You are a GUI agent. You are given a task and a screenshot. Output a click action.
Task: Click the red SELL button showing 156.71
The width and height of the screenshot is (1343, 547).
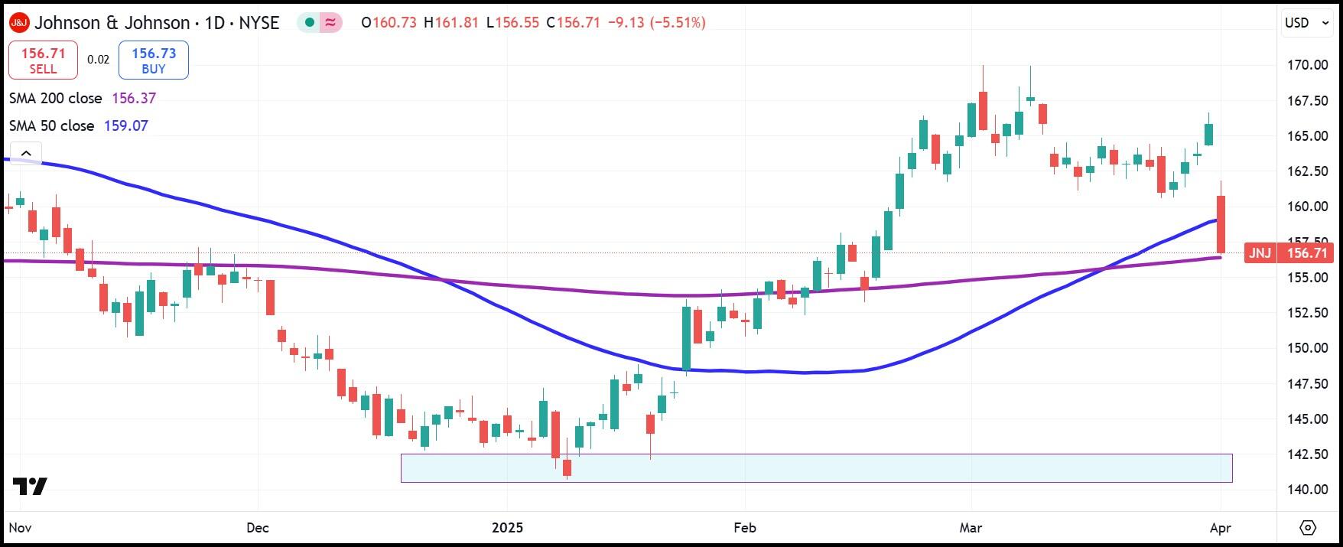[x=43, y=60]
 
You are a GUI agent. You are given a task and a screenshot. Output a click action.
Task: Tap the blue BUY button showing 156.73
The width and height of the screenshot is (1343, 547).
[x=154, y=60]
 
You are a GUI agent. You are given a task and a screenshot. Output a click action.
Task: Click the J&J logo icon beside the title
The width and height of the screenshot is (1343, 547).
[x=19, y=23]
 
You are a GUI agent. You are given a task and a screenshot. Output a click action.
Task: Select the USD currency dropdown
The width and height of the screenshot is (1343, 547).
[x=1306, y=23]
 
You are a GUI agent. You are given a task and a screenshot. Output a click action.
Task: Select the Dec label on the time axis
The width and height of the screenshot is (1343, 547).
[x=259, y=528]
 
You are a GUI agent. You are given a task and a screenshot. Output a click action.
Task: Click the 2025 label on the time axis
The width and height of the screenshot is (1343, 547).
[x=507, y=528]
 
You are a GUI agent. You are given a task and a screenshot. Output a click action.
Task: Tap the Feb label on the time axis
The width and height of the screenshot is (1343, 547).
[x=744, y=528]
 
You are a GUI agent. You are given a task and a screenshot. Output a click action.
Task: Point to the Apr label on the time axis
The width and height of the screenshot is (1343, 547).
[x=1221, y=528]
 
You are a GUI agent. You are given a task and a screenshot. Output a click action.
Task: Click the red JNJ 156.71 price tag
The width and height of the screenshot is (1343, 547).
[x=1289, y=253]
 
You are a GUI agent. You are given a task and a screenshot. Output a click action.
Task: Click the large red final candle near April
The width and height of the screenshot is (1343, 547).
[x=1221, y=224]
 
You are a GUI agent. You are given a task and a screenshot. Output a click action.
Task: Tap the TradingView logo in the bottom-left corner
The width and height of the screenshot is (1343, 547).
[x=30, y=486]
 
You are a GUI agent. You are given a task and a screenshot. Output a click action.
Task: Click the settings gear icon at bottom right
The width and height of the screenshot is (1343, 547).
[x=1308, y=528]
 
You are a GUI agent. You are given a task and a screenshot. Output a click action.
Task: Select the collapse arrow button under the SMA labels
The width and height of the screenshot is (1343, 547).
[x=26, y=153]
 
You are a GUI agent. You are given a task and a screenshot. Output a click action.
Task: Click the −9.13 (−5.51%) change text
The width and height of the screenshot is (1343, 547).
[x=656, y=23]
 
